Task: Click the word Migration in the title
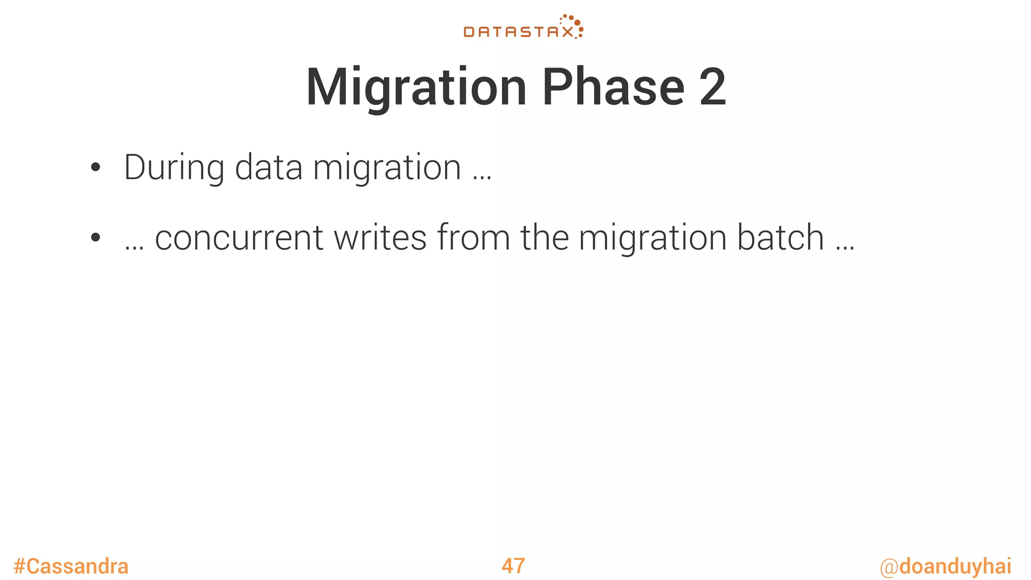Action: (x=416, y=88)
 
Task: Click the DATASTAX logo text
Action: (x=518, y=32)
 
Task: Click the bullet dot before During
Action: (x=95, y=168)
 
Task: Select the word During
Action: (x=174, y=168)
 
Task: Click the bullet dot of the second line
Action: (x=95, y=238)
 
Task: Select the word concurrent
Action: (x=239, y=238)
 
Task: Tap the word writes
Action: (x=380, y=238)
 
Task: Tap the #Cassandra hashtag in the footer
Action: (x=71, y=566)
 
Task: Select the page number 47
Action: (x=513, y=566)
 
